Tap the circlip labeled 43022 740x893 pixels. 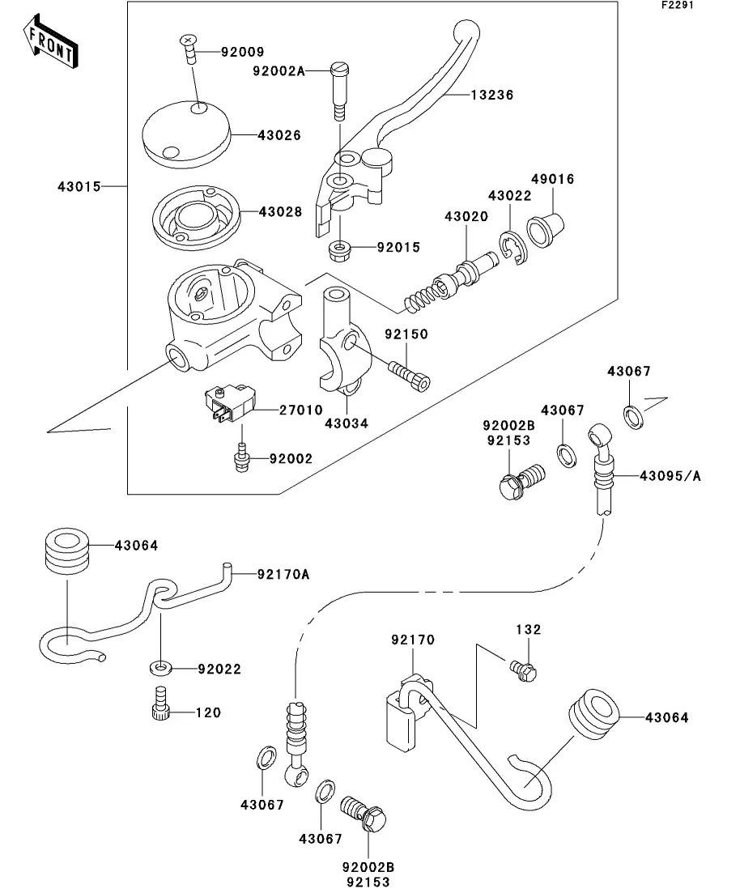pos(512,246)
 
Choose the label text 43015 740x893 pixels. pos(79,186)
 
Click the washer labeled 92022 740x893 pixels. pos(160,669)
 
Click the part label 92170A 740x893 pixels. pos(283,574)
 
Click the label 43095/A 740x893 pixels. pos(670,476)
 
